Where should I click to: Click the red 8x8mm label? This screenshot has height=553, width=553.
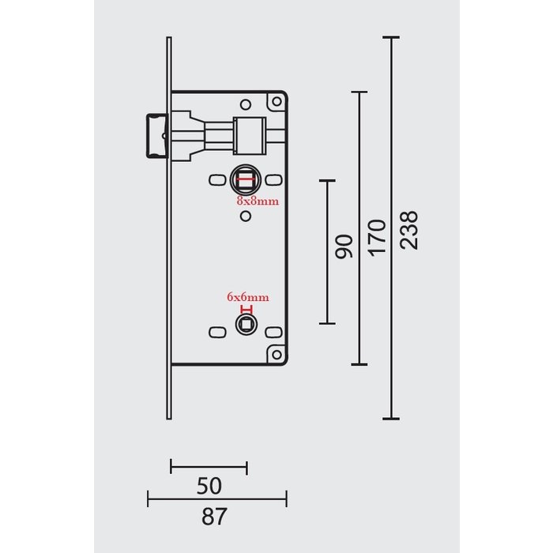pyautogui.click(x=258, y=201)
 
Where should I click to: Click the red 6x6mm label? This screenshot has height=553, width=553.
pyautogui.click(x=248, y=297)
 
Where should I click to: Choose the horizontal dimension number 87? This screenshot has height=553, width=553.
pyautogui.click(x=214, y=517)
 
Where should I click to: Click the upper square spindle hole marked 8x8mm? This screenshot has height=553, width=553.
pyautogui.click(x=244, y=180)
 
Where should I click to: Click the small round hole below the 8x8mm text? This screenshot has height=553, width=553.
pyautogui.click(x=245, y=215)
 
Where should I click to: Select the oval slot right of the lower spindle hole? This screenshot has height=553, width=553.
pyautogui.click(x=275, y=332)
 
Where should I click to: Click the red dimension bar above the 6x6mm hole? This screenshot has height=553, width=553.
pyautogui.click(x=247, y=310)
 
